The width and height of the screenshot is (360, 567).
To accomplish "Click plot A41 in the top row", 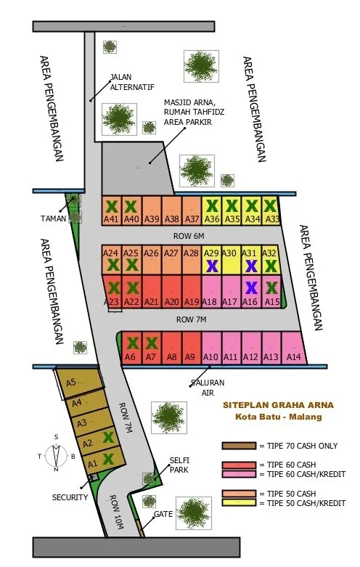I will pos(111,210).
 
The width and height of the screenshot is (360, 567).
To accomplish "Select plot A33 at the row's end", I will pos(272,210).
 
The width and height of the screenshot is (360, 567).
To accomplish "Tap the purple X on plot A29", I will pos(211,266).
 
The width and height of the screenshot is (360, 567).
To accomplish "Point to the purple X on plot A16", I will pos(251,288).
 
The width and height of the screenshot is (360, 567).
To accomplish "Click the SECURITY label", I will pos(70,497).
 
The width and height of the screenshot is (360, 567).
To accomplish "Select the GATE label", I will pos(163,514).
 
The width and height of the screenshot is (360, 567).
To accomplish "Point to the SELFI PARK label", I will pos(179,465).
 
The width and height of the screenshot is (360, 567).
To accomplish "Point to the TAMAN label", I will pos(52,218).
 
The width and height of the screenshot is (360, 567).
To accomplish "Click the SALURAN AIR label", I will pos(208,388).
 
